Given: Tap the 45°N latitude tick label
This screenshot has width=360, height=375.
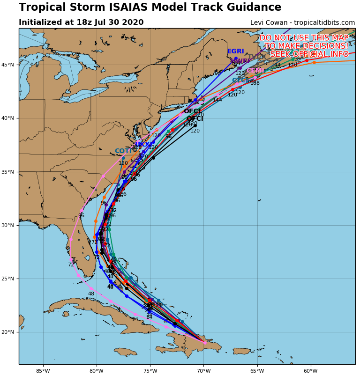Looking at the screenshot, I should pos(9,65).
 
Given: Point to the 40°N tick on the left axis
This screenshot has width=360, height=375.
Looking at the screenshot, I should pos(9,118).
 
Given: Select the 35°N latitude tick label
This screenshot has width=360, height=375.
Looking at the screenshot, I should pos(9,172).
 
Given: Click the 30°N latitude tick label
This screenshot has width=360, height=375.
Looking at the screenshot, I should pos(9,225).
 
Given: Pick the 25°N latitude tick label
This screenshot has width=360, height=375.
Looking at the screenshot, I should pos(9,279).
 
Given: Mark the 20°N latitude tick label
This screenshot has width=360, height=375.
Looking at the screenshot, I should pos(9,332).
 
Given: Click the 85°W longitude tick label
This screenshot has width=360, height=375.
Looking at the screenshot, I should pos(43,371).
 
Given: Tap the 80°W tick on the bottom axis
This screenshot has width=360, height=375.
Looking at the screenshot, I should pos(97,371).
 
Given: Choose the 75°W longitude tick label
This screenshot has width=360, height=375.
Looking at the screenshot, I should pos(150,371).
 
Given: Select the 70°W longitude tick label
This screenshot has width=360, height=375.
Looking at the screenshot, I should pos(203,371).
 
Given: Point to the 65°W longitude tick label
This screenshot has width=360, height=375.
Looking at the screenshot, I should pos(257,371).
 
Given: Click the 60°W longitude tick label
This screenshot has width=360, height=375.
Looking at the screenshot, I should pos(310,371).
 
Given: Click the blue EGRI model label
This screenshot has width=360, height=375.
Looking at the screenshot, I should pos(236,51).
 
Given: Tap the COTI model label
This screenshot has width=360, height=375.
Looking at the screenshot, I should pos(123,151).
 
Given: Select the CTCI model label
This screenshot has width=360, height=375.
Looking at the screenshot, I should pos(240,81).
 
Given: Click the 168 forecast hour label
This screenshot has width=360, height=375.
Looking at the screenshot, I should pos(255,83).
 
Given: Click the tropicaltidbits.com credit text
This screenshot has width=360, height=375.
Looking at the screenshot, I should pos(324,23).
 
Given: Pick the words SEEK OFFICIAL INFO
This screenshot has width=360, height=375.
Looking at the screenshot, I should pos(309,54).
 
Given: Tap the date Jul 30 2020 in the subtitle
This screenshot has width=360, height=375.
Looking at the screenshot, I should pos(121,22).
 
